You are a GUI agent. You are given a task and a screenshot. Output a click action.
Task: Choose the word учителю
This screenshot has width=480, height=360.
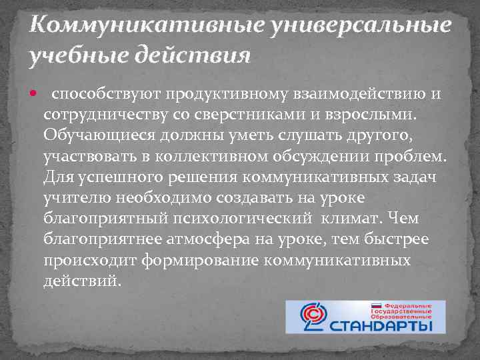(x=76, y=198)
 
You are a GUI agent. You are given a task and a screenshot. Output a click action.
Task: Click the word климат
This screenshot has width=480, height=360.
(x=350, y=219)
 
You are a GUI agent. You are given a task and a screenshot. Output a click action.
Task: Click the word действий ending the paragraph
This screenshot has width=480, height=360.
(x=83, y=281)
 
